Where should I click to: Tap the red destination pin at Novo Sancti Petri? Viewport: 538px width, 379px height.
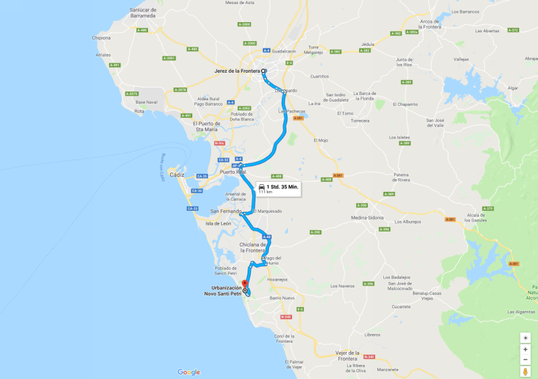click(x=245, y=283)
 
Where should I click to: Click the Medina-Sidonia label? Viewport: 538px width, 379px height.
click(x=367, y=218)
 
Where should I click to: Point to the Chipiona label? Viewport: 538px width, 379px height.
click(x=101, y=38)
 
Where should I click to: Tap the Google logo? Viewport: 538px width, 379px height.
click(x=188, y=372)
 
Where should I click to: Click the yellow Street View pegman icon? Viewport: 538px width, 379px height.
click(x=525, y=371)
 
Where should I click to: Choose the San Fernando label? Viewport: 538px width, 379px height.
click(x=226, y=211)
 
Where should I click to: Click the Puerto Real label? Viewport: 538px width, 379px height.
click(x=230, y=172)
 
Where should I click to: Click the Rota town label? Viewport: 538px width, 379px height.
click(x=139, y=111)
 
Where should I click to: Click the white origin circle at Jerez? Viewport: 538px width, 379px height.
click(x=264, y=71)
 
